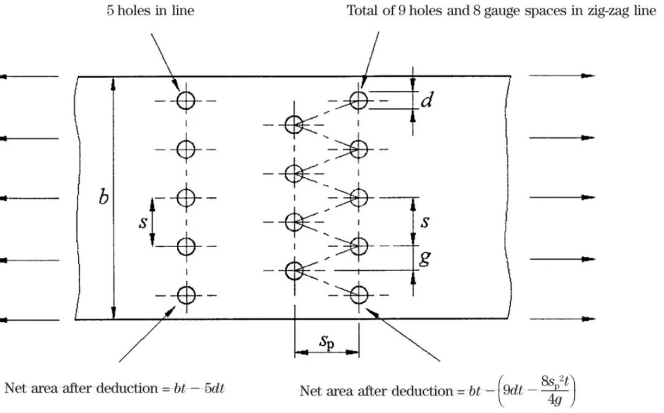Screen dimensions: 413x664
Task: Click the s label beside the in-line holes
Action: (x=143, y=222)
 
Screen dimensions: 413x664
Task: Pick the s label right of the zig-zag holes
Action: (x=425, y=222)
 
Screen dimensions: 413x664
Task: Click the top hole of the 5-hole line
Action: (x=186, y=100)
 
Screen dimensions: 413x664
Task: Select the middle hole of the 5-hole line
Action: (x=186, y=198)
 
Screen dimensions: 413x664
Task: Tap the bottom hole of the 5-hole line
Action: (x=186, y=295)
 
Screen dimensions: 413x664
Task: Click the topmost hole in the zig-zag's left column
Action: (x=294, y=124)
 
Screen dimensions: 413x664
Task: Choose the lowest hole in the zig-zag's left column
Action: (x=294, y=270)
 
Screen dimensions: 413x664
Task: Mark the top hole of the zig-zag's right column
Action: (x=358, y=100)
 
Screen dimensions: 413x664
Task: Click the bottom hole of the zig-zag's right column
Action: (x=358, y=295)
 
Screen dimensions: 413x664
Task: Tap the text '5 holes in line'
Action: (x=150, y=11)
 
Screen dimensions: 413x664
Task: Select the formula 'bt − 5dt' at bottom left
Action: (x=204, y=388)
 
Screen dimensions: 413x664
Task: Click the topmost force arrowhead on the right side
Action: (x=589, y=76)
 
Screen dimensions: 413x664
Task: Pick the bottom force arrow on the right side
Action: (x=562, y=319)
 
